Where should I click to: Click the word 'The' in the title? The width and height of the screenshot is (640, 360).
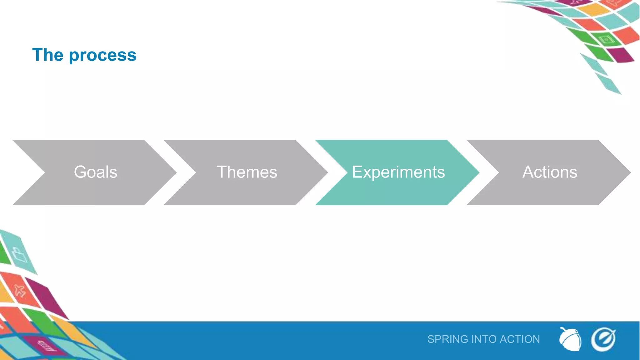tap(48, 55)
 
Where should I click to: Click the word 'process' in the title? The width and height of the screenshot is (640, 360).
tap(102, 56)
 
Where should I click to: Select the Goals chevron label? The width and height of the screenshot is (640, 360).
tap(96, 172)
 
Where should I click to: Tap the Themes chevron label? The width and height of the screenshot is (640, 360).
tap(247, 172)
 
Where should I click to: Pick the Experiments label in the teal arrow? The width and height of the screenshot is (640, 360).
tap(398, 172)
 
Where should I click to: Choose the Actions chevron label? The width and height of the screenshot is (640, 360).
tap(550, 172)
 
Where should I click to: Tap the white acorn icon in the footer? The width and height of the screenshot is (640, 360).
tap(570, 339)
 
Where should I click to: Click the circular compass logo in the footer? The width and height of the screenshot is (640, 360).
tap(603, 339)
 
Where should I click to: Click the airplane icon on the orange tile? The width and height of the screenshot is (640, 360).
tap(19, 291)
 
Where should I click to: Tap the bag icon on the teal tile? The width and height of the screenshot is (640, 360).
tap(19, 255)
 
